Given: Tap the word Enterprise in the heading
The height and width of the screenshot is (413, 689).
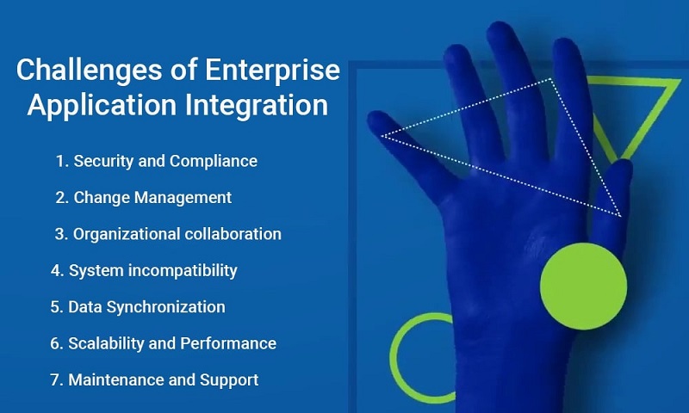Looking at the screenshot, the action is coord(272,71).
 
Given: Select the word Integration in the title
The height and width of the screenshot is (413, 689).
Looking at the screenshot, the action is coord(257,105).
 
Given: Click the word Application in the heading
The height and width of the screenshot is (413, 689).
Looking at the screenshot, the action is coord(102,105).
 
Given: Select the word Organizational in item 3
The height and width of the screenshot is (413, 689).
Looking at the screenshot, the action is coord(126,234).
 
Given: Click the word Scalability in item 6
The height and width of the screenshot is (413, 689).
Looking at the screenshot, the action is coord(106,343).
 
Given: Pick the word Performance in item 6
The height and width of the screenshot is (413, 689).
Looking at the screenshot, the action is coord(228,343).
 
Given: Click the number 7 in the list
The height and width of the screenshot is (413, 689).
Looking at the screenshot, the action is coord(56,380).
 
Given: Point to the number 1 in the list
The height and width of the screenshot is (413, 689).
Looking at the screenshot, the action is coord(60,161).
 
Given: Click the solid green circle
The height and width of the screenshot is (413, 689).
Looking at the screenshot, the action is coord(584,287).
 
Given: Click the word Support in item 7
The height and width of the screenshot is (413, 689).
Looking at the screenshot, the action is coord(229,380).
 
